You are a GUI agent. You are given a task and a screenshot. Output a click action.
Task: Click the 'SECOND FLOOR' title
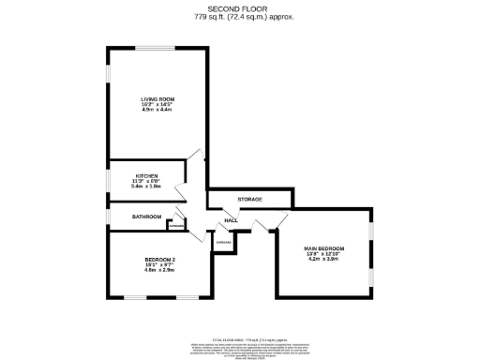[x=239, y=8]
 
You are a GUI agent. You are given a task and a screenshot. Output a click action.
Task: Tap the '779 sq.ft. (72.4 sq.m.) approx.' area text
[x=239, y=17]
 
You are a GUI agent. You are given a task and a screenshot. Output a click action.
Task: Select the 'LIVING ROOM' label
[x=157, y=97]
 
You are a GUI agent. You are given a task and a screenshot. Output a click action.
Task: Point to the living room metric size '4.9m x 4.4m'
[x=157, y=111]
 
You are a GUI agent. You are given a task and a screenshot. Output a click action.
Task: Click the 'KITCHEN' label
[x=145, y=175]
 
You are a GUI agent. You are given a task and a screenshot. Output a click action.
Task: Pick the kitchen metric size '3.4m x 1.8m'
[x=145, y=187]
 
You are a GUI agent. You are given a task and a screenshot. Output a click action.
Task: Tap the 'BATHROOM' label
[x=146, y=217]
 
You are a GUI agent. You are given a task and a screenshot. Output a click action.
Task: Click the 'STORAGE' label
[x=249, y=199]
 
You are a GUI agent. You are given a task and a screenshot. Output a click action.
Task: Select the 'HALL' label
[x=230, y=220]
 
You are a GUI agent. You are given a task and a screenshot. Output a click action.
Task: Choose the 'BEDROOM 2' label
[x=160, y=259]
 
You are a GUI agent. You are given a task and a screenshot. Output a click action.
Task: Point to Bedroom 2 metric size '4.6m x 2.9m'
[x=160, y=270]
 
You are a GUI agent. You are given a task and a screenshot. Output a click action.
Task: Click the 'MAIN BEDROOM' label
[x=324, y=247]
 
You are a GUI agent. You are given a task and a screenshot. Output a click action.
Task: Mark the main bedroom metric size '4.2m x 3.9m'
[x=324, y=260]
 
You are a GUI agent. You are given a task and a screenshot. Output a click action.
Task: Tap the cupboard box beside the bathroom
[x=175, y=225]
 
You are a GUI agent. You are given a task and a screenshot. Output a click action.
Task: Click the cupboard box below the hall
[x=223, y=243]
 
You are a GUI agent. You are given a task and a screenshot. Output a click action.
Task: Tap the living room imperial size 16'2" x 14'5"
[x=157, y=104]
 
